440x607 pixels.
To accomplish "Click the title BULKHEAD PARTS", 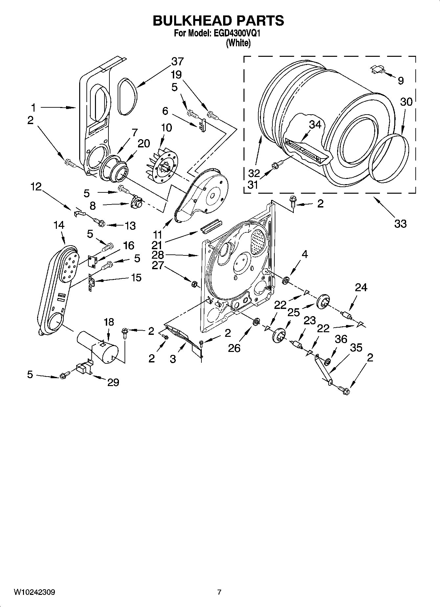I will coord(218,21).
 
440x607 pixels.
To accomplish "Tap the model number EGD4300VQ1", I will coord(237,33).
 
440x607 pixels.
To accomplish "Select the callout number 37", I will coord(177,61).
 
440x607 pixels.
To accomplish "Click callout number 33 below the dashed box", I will coord(400,224).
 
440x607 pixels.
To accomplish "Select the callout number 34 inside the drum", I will coord(315,124).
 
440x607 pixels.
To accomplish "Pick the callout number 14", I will coord(59,225).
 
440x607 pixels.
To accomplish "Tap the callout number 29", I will coord(113,382).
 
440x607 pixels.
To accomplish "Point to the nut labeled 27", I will coord(194,283).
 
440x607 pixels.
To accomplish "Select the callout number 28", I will coord(158,255).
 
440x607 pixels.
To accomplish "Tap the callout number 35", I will coord(356,347).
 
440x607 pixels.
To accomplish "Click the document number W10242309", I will coord(34,593).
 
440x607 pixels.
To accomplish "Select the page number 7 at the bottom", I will coord(219,593).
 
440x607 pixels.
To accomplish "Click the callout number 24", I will coord(361,288).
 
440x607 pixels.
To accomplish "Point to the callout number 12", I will coord(36,186).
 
